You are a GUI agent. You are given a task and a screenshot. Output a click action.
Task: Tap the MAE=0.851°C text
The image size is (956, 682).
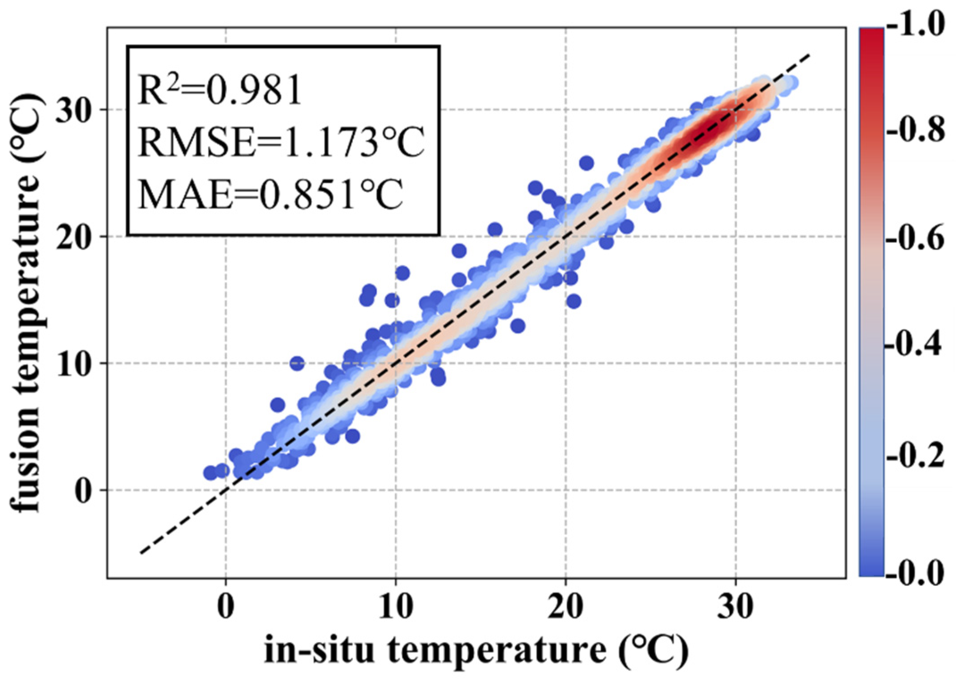pos(271,194)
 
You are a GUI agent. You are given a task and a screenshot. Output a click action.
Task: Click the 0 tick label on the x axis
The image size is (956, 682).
pos(226,607)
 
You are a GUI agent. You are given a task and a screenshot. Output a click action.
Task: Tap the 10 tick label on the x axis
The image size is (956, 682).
pos(395,607)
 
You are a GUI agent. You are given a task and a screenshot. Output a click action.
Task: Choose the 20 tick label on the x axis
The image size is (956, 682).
pos(566,607)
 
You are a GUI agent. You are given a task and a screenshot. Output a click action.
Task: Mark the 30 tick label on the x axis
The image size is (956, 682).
pos(735,607)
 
